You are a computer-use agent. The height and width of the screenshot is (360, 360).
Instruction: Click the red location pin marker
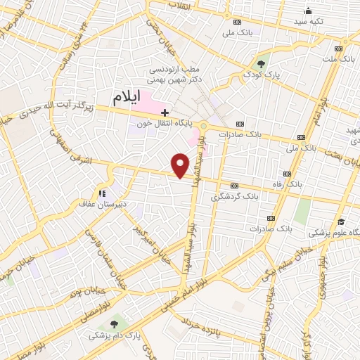tap(181, 165)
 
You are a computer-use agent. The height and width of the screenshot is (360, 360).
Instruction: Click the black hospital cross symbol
tap(165, 112)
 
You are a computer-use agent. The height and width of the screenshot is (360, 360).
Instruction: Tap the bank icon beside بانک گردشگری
tap(233, 186)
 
